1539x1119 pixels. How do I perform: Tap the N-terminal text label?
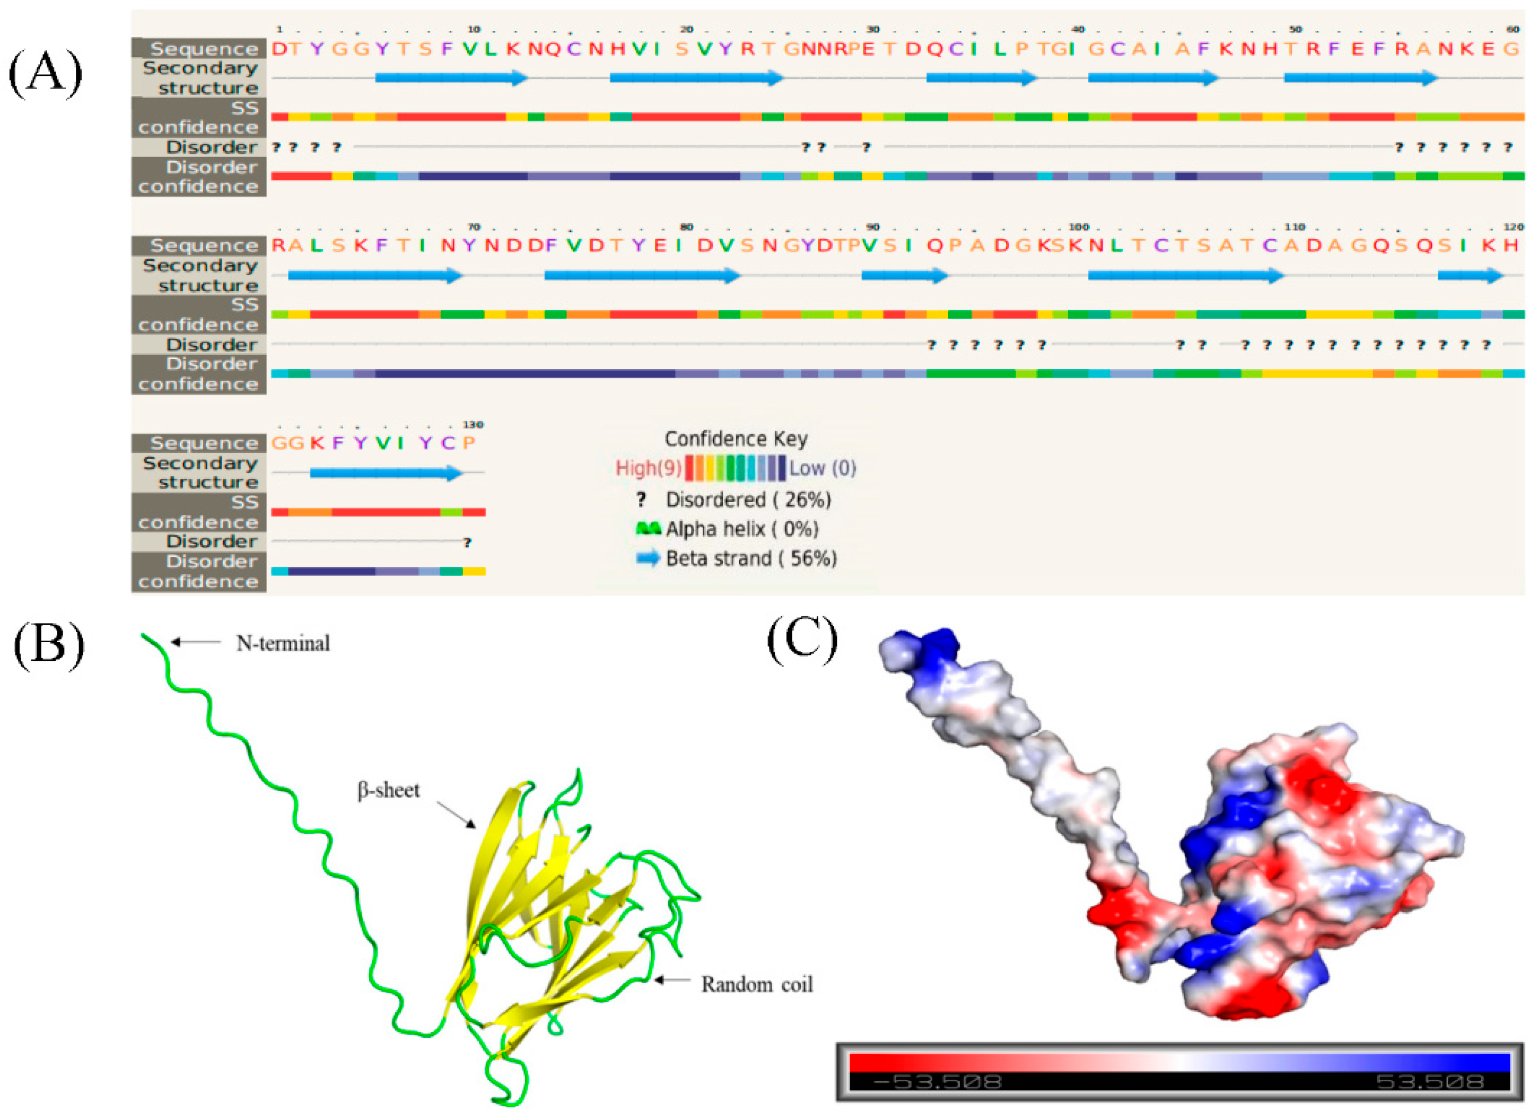(283, 643)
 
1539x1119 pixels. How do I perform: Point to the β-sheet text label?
(388, 790)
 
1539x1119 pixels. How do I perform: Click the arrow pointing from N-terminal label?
(196, 642)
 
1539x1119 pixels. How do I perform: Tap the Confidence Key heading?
(736, 439)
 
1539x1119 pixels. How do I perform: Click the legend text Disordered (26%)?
(748, 500)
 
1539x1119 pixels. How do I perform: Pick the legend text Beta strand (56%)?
(751, 558)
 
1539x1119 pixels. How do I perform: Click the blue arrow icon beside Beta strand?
(648, 558)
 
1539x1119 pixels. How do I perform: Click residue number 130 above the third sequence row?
(473, 425)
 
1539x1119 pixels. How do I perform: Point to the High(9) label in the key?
(648, 468)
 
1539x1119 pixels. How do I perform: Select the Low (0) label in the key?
(823, 468)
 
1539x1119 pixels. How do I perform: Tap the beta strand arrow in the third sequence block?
(386, 473)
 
